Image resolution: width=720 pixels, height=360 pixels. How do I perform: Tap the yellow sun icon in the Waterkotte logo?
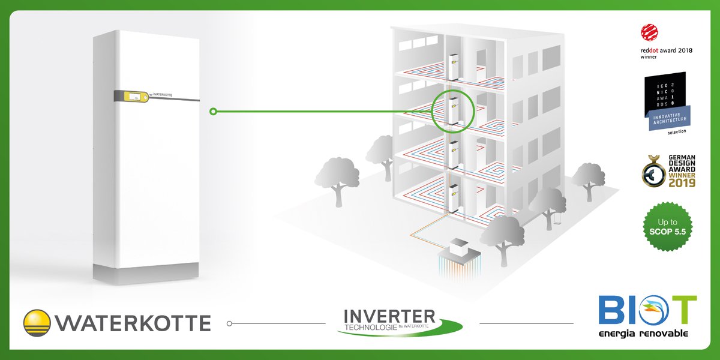click(38, 322)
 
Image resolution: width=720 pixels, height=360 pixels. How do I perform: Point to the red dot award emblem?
click(648, 31)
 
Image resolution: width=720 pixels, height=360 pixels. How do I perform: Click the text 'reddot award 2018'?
click(666, 51)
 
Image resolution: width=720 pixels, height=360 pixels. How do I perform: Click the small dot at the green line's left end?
click(212, 111)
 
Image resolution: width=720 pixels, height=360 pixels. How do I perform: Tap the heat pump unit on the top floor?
click(453, 64)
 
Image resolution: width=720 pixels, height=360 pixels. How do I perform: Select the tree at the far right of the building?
click(587, 176)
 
